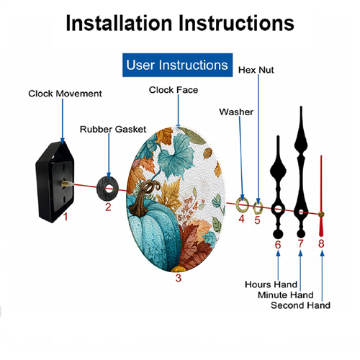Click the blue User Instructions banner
[177, 65]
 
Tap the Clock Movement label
[65, 94]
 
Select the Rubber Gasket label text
[113, 130]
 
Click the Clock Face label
[174, 90]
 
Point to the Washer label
[236, 112]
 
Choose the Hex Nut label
[256, 70]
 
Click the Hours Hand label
[271, 284]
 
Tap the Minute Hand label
[286, 295]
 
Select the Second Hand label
[300, 305]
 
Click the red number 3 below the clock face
[179, 278]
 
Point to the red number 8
[321, 243]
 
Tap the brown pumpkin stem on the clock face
[141, 199]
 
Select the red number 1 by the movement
[66, 217]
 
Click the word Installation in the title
[119, 23]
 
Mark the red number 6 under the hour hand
[278, 245]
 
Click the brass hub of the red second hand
[321, 215]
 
